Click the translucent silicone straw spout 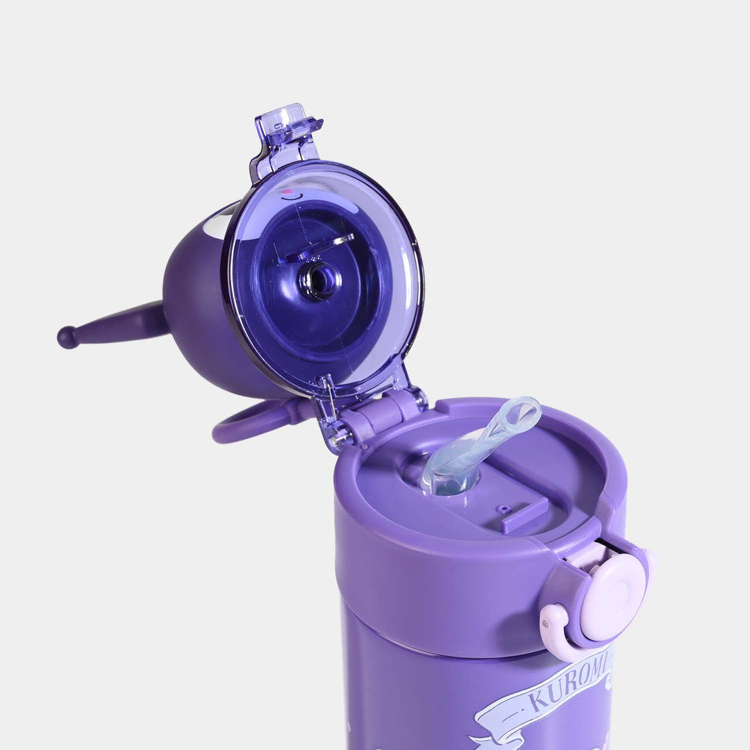click(472, 448)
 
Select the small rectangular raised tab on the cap click(525, 515)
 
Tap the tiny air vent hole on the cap click(501, 508)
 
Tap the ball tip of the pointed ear click(67, 337)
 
